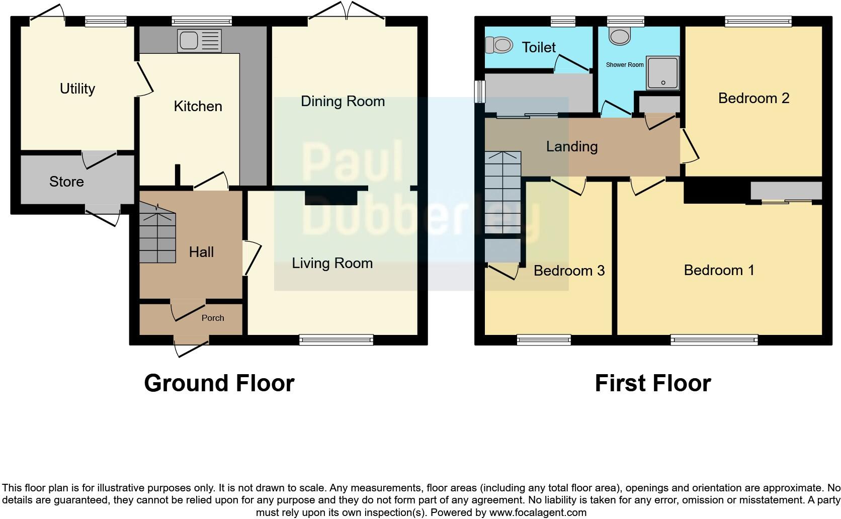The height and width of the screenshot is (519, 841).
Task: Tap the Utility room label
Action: coord(77,89)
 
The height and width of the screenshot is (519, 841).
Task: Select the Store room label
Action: coord(66,182)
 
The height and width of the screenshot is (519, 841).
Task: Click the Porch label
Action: coord(212,318)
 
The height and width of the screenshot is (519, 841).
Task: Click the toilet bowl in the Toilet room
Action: coord(499,45)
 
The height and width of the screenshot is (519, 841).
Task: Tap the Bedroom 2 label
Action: coord(753,98)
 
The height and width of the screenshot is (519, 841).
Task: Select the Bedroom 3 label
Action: coord(569,271)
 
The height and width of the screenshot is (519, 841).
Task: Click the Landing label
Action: coord(572,146)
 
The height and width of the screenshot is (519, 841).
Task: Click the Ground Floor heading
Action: coord(219,383)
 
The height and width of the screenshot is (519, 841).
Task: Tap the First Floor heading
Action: coord(652,383)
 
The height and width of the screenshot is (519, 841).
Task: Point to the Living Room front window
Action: coord(336,340)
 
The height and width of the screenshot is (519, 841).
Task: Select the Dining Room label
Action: coord(343,101)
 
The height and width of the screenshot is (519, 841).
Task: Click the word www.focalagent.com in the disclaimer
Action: coord(538,512)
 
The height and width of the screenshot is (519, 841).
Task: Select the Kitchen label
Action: coord(198,106)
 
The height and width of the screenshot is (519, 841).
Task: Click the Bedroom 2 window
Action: coord(758,21)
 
